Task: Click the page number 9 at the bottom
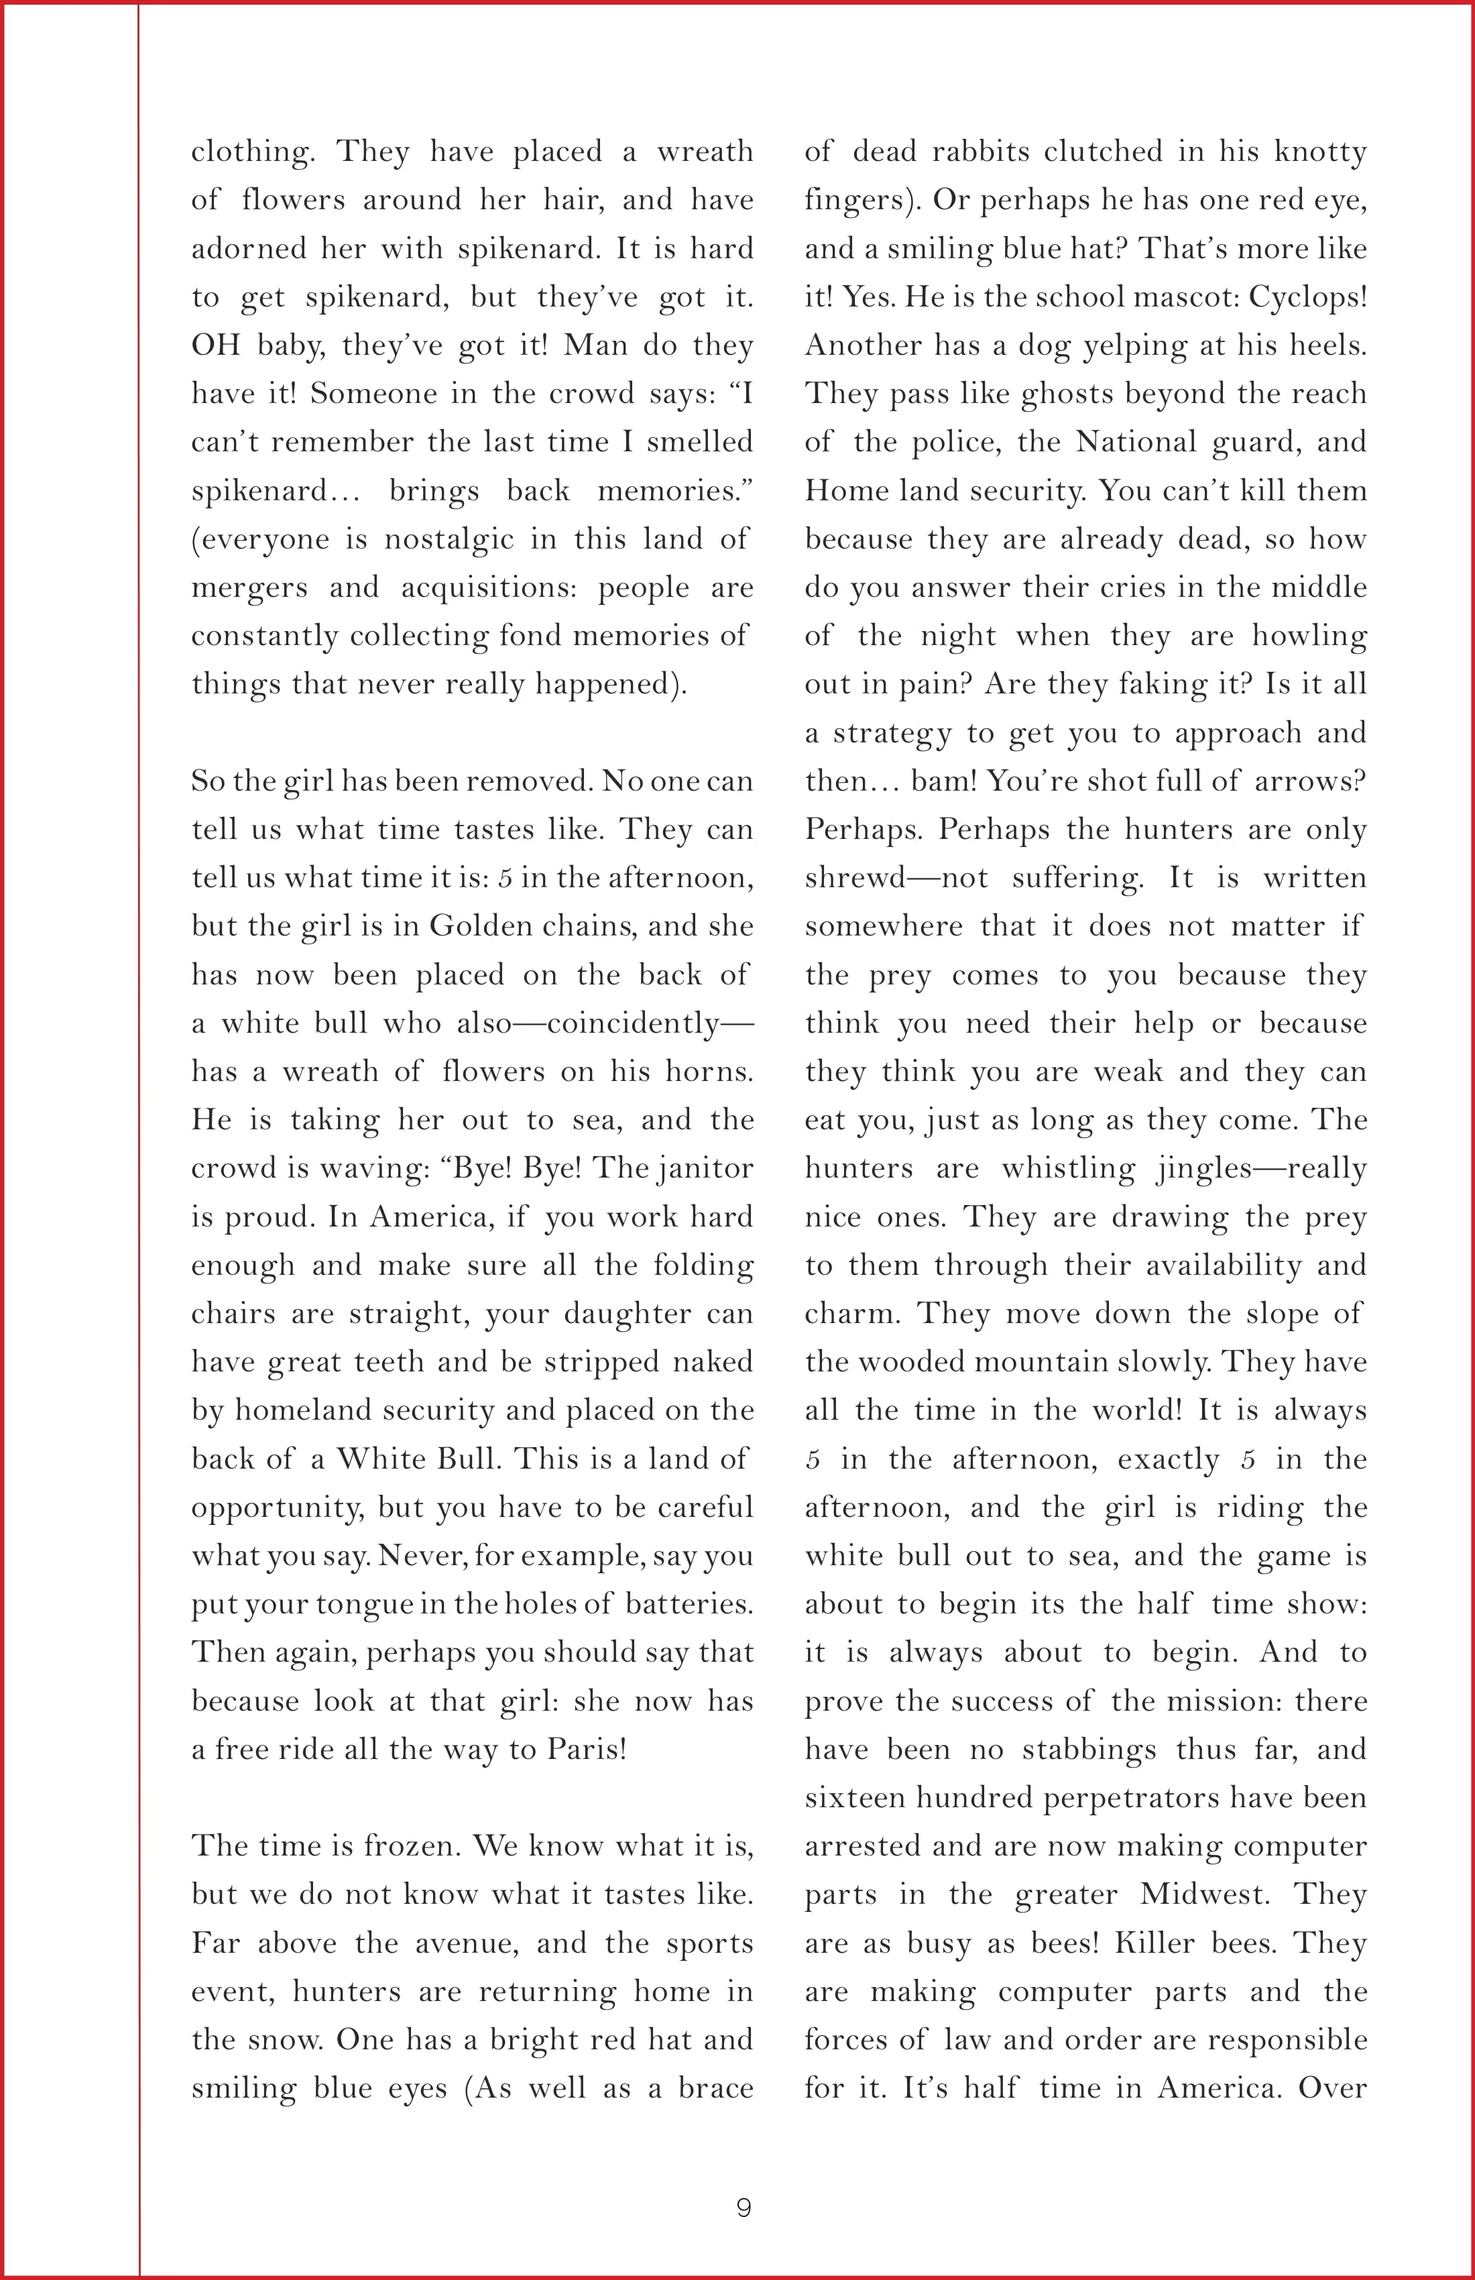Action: tap(744, 2207)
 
